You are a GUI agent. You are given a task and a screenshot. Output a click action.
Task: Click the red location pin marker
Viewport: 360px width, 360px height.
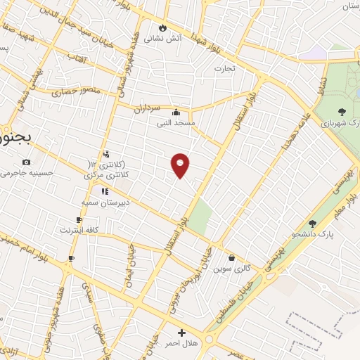click(181, 165)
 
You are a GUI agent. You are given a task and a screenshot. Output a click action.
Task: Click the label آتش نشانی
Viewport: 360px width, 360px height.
click(163, 39)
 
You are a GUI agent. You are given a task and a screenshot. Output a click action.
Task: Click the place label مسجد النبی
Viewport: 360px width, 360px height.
click(176, 122)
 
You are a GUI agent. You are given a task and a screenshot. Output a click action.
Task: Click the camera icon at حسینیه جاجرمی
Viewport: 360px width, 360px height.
click(27, 162)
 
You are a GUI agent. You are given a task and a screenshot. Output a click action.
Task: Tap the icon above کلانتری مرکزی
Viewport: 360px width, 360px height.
click(105, 154)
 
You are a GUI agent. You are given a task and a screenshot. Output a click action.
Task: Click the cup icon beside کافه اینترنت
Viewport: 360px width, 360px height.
click(79, 219)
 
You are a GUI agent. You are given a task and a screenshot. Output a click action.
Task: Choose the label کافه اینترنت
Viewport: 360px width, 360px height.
click(78, 230)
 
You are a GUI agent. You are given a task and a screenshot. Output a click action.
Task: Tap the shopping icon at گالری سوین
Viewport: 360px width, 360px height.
click(231, 257)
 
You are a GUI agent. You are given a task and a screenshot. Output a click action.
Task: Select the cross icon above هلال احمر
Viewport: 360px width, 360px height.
click(181, 332)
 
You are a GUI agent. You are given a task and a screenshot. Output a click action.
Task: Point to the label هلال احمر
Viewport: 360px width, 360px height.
click(182, 343)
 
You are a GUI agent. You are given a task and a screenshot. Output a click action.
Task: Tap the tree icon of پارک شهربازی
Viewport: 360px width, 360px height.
click(342, 111)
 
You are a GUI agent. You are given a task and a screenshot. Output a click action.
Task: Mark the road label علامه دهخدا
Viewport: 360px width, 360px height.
click(295, 134)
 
